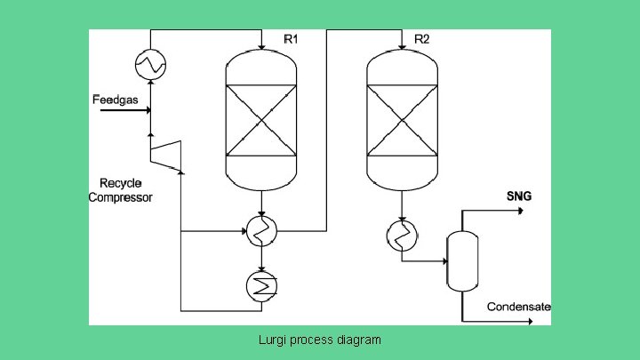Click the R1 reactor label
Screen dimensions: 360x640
pos(291,39)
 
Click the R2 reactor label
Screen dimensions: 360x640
pos(422,39)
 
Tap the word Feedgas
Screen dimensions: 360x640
pos(116,99)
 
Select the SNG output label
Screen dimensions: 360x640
pos(518,196)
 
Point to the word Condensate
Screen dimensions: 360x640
pos(519,308)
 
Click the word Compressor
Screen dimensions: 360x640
pos(120,197)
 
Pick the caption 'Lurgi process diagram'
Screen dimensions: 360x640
pos(319,340)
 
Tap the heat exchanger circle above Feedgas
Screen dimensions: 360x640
pos(149,62)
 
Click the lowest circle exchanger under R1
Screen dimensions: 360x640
pos(262,285)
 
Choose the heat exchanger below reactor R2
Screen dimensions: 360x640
pos(403,235)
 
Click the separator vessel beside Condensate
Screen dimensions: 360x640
pos(461,261)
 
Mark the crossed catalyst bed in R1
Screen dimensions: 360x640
pos(261,120)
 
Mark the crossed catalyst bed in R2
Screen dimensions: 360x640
pos(403,120)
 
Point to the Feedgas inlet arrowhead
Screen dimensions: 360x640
pos(146,110)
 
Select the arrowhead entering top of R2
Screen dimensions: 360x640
pos(403,46)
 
